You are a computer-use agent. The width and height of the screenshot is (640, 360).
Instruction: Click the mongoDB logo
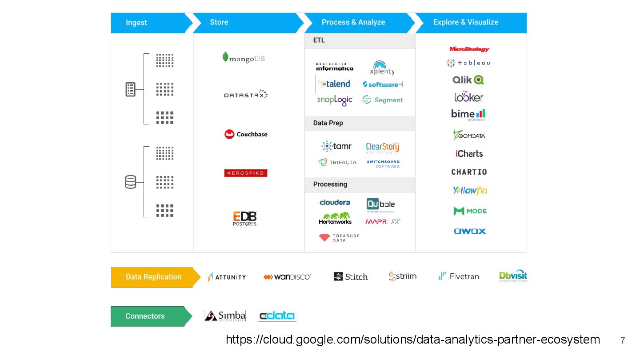(244, 58)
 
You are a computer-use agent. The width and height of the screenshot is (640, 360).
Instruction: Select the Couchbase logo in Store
(246, 134)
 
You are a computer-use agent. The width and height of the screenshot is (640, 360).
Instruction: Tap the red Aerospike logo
(246, 173)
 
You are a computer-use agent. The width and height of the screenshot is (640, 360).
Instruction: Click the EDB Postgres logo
(245, 218)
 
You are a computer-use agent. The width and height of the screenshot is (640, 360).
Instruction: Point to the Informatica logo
(335, 67)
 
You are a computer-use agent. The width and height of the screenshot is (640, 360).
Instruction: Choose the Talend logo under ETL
(334, 84)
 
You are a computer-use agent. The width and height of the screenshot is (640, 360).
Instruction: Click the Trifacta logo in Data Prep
(337, 162)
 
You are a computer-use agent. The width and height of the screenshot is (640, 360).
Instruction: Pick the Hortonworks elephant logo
(335, 218)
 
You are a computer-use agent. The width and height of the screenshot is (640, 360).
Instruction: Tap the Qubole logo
(380, 204)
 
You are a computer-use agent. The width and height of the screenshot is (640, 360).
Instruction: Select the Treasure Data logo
(339, 238)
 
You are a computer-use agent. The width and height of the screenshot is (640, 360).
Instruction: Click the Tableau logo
(468, 63)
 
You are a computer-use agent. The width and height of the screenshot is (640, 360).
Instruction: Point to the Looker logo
(468, 96)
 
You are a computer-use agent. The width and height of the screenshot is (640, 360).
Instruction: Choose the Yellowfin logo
(470, 190)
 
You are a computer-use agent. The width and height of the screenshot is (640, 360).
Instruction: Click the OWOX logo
(470, 231)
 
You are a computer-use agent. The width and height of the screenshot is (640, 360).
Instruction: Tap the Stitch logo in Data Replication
(351, 276)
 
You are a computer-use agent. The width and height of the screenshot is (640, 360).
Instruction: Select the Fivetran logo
(458, 276)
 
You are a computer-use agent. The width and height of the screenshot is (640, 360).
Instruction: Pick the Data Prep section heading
(328, 123)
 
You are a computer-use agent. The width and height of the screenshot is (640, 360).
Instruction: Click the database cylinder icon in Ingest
(131, 182)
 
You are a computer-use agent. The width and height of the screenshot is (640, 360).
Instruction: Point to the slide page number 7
(623, 340)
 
